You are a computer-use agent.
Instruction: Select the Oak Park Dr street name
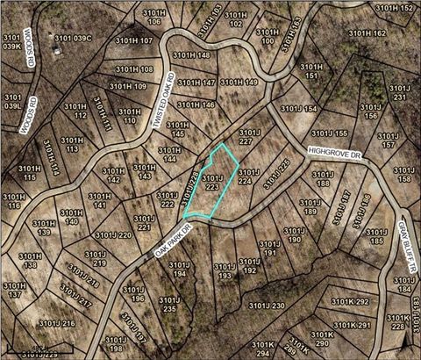[x=172, y=240]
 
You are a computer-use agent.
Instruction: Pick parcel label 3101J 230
[x=268, y=305]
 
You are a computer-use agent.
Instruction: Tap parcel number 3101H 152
[x=395, y=8]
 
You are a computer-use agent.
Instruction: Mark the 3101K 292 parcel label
[x=350, y=301]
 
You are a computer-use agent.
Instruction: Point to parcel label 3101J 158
[x=404, y=174]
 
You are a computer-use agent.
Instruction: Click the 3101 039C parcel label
[x=73, y=38]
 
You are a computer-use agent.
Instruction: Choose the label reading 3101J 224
[x=249, y=176]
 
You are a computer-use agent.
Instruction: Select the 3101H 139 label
[x=44, y=227]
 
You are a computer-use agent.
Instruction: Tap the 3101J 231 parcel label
[x=400, y=91]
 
